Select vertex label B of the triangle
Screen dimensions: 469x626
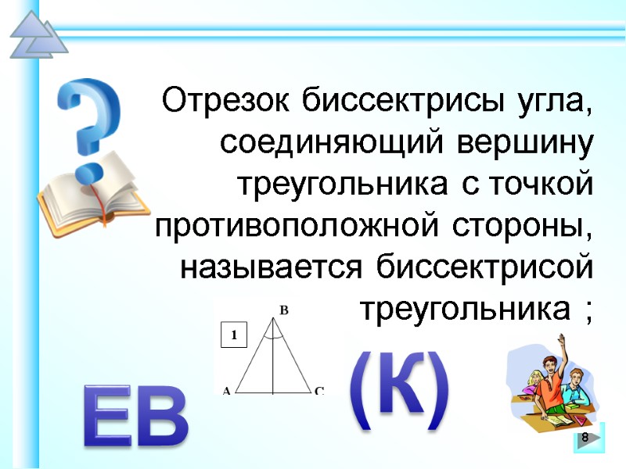click(284, 310)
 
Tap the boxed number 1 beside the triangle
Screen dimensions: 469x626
click(234, 336)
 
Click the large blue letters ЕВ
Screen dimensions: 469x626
click(136, 420)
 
